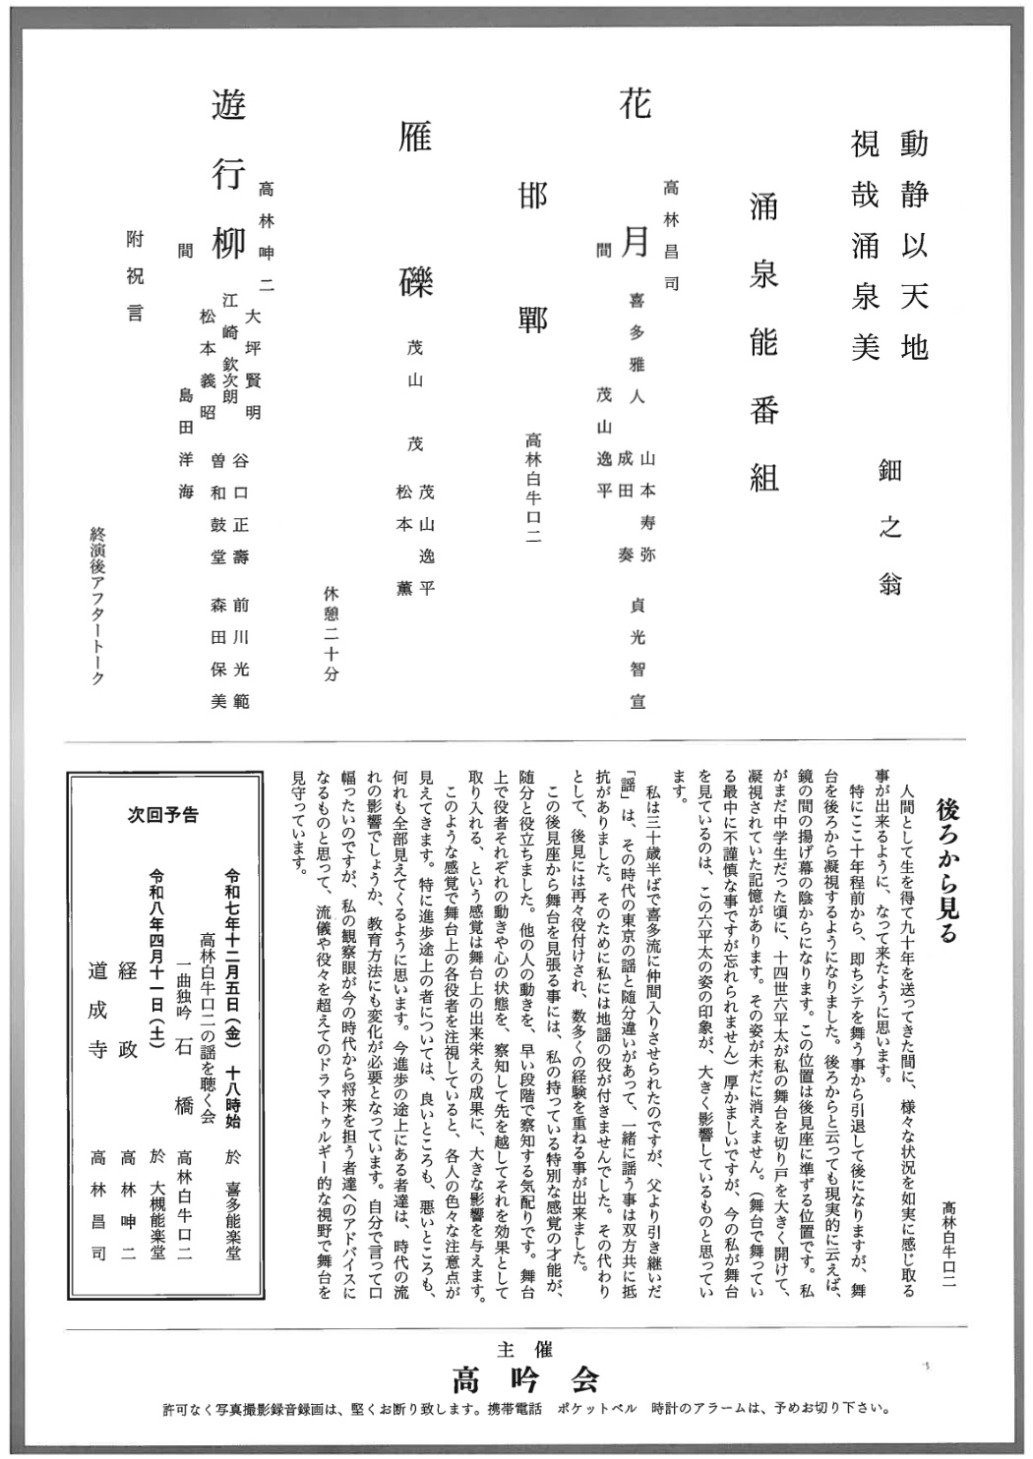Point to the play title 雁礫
pos(415,210)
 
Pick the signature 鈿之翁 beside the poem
pos(890,527)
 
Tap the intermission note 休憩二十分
pos(331,633)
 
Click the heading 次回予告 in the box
pos(163,814)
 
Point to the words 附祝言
pos(135,274)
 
